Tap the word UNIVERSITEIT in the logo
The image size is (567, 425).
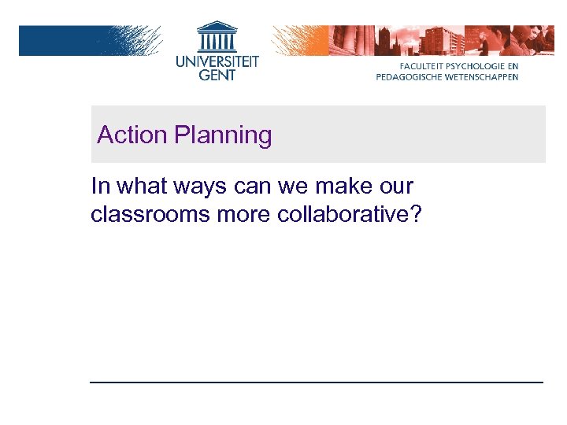(x=217, y=61)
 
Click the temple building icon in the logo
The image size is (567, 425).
(x=217, y=35)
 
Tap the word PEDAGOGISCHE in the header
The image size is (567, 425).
(x=409, y=77)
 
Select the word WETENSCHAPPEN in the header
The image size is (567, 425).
(x=482, y=77)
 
